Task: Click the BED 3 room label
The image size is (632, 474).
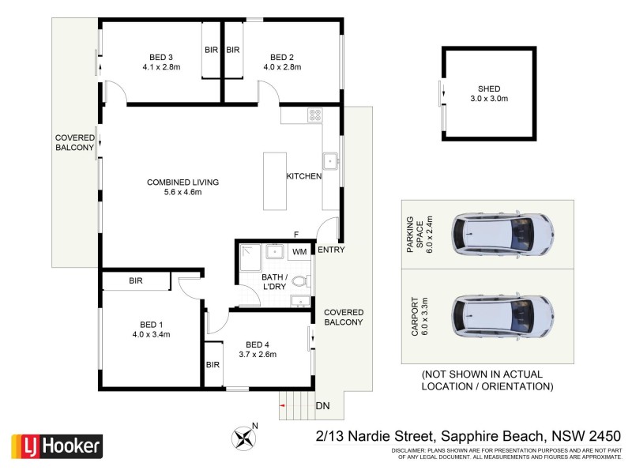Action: pyautogui.click(x=160, y=57)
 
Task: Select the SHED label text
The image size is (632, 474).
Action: pyautogui.click(x=489, y=88)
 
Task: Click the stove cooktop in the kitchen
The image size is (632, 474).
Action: pyautogui.click(x=314, y=115)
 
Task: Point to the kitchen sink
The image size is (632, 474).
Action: pyautogui.click(x=330, y=160)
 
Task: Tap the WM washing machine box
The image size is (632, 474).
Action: pyautogui.click(x=299, y=252)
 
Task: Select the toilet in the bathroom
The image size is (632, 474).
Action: pyautogui.click(x=299, y=280)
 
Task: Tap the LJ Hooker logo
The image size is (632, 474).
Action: pyautogui.click(x=56, y=446)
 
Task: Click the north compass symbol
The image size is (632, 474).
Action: pyautogui.click(x=242, y=434)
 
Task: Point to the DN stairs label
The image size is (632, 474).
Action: pyautogui.click(x=322, y=406)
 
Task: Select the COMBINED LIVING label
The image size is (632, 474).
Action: pyautogui.click(x=182, y=182)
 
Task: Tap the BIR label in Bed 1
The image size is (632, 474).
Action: pyautogui.click(x=135, y=280)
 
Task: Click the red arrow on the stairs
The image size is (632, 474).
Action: pyautogui.click(x=282, y=405)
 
